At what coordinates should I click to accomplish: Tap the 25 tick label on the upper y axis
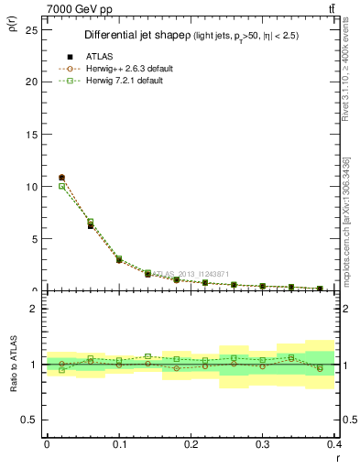30,28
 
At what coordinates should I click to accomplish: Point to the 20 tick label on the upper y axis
30,82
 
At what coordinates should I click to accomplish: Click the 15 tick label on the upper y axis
30,134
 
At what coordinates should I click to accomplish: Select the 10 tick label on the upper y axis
30,186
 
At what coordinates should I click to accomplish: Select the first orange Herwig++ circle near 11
61,177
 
